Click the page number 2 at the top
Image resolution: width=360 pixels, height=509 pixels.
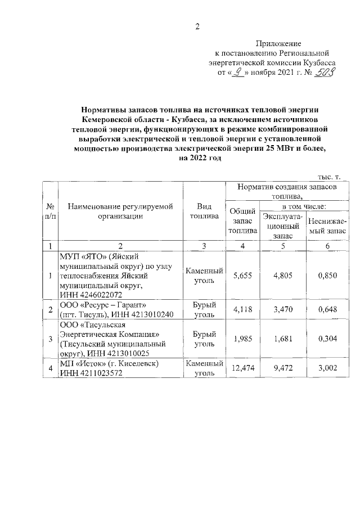tap(197, 26)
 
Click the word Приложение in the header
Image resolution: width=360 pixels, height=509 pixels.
tap(279, 43)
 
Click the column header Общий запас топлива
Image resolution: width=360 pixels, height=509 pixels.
tap(243, 220)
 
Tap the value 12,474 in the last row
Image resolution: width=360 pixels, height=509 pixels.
tap(243, 367)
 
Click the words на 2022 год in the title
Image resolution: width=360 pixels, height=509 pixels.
tap(197, 159)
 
